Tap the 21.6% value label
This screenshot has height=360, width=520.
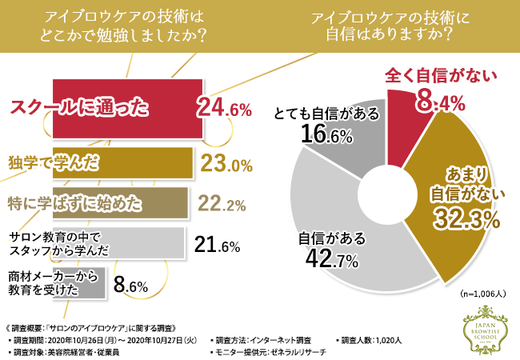click(x=218, y=245)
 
